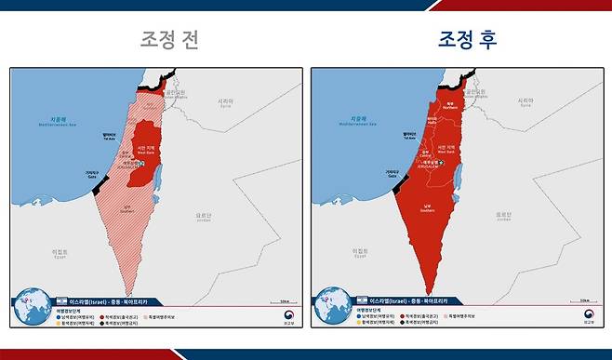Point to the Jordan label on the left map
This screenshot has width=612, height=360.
click(x=204, y=215)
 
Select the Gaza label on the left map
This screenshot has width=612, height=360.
click(x=92, y=174)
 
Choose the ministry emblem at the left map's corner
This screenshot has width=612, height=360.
click(x=286, y=317)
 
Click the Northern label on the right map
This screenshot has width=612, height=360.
click(x=449, y=106)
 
